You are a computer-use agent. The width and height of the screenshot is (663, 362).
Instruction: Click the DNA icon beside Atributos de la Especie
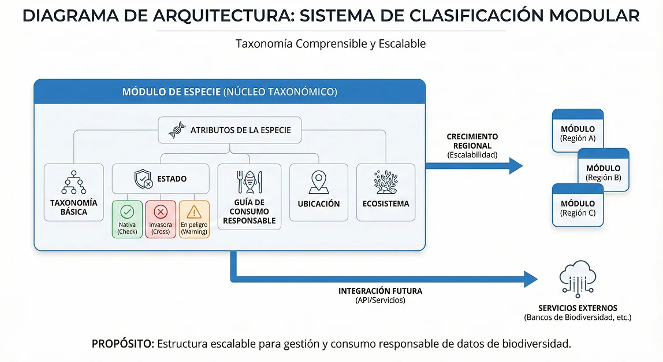177,131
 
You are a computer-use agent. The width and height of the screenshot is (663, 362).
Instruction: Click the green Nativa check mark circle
127,212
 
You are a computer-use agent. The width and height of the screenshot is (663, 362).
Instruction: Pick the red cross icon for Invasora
161,212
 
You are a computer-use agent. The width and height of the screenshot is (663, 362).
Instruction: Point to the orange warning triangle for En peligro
194,212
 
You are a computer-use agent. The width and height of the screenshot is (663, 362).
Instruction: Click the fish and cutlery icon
249,182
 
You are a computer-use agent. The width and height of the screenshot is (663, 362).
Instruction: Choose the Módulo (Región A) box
578,131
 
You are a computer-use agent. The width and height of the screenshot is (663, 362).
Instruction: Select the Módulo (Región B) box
603,170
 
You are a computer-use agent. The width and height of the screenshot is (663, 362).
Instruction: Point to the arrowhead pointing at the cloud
530,279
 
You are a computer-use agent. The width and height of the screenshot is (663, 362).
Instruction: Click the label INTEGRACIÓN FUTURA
380,291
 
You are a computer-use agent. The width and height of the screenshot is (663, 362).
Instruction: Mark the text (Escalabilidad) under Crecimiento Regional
472,155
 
